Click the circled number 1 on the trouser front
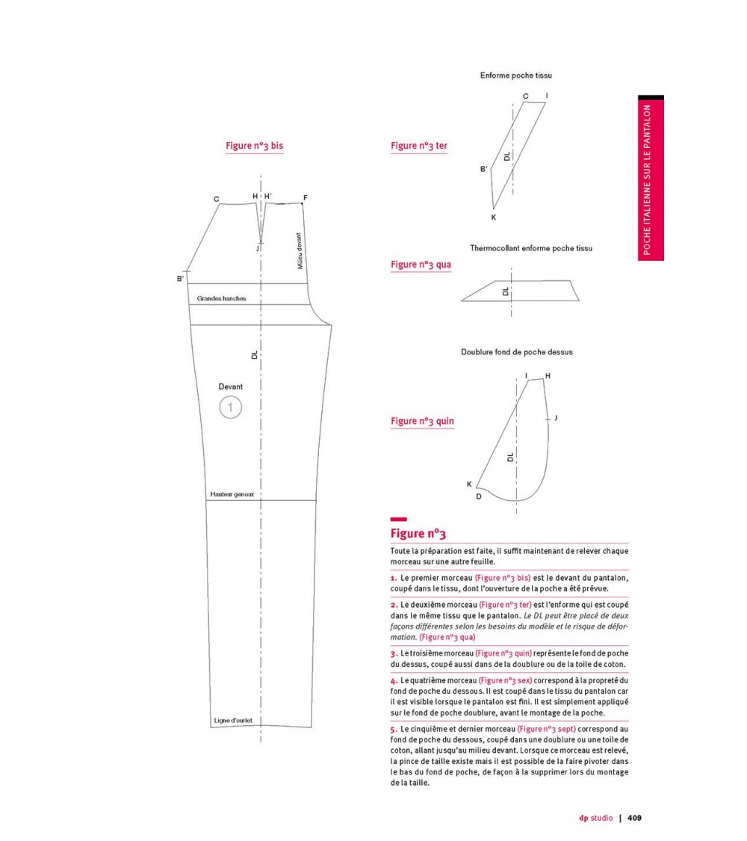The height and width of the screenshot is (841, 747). click(x=231, y=407)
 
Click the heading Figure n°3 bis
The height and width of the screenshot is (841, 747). click(x=254, y=147)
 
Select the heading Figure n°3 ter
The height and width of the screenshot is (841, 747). click(x=419, y=147)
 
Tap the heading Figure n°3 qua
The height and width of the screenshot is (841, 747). click(x=421, y=265)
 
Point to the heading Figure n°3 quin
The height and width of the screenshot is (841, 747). click(x=422, y=422)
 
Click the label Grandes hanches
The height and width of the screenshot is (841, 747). click(x=222, y=298)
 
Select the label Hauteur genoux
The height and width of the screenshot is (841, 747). click(x=232, y=494)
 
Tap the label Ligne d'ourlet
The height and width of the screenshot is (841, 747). click(x=232, y=721)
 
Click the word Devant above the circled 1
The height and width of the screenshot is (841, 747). click(x=231, y=386)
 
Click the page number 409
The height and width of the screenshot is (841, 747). click(x=634, y=818)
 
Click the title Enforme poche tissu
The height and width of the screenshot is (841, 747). click(x=516, y=76)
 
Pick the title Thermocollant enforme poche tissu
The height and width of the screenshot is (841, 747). click(x=526, y=247)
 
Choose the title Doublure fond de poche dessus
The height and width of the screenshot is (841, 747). click(x=516, y=351)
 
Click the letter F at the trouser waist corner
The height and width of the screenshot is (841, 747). click(x=305, y=198)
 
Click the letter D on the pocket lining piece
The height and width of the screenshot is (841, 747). click(x=479, y=496)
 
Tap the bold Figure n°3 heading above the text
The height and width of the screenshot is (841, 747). click(x=418, y=534)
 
